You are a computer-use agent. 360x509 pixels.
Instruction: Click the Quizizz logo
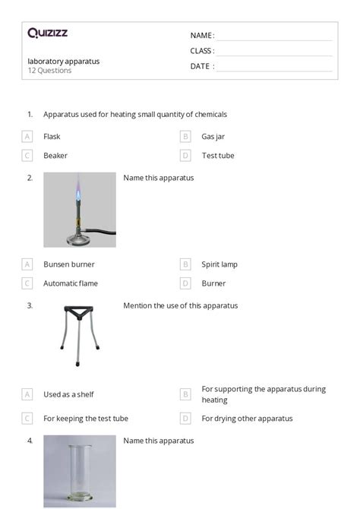click(x=47, y=33)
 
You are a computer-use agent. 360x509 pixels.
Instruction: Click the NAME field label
click(x=201, y=35)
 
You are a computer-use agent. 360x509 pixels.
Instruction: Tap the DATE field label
click(x=201, y=66)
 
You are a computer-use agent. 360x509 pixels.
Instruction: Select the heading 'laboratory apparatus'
click(x=64, y=61)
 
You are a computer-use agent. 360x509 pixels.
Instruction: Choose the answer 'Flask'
click(x=52, y=137)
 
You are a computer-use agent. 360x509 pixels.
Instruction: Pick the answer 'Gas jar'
click(x=213, y=137)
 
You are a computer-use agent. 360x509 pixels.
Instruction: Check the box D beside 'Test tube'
click(x=185, y=156)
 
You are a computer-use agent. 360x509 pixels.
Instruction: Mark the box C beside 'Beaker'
click(x=27, y=156)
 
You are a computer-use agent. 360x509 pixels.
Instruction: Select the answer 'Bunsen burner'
click(x=69, y=264)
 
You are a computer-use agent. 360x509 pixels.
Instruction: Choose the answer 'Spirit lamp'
click(x=219, y=264)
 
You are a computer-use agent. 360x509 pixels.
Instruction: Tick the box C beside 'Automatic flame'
click(x=27, y=283)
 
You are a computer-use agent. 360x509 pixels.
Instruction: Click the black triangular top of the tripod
click(x=79, y=311)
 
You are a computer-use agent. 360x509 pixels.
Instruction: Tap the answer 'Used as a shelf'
click(x=68, y=394)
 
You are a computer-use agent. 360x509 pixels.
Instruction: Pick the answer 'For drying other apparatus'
click(x=247, y=418)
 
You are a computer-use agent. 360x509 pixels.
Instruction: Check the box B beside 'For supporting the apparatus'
click(x=185, y=394)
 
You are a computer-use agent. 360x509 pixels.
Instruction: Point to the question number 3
click(x=30, y=305)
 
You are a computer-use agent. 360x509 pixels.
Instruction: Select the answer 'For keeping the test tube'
click(x=86, y=418)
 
